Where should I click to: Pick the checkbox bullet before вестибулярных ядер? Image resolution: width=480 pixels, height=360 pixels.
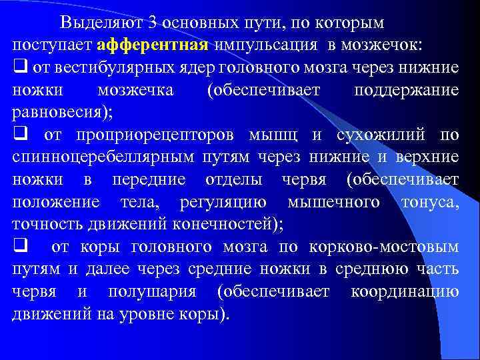pyautogui.click(x=18, y=67)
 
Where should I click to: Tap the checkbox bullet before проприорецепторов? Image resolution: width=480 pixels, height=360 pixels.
pyautogui.click(x=18, y=135)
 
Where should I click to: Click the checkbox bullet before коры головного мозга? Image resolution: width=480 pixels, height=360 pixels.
pyautogui.click(x=18, y=247)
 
